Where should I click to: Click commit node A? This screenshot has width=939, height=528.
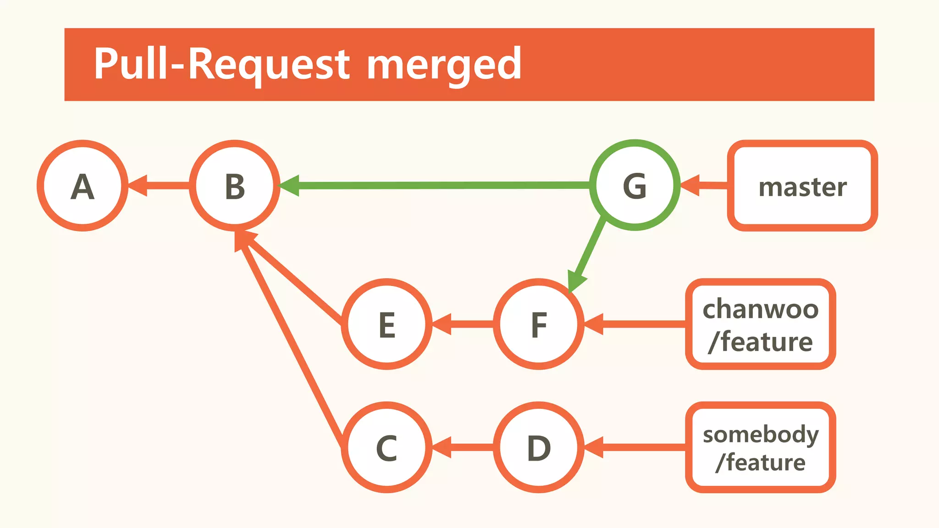pos(83,186)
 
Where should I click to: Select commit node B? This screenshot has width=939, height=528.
pos(235,186)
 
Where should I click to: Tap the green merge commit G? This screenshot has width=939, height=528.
pos(635,185)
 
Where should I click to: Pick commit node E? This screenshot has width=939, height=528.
pos(387,324)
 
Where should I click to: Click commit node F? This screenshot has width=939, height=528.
pos(539,324)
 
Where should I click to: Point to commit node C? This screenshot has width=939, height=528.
pos(387,447)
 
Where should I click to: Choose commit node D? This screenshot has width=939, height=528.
pos(539,447)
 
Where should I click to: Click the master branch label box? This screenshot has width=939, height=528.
pos(802,186)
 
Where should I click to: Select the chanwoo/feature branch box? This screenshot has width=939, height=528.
pos(760,324)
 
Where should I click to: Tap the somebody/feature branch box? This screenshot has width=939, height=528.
pos(760,447)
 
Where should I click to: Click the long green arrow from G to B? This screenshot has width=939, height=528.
pos(436,185)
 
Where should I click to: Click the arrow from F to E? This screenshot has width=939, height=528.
pos(463,324)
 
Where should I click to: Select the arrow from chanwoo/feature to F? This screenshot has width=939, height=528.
pos(637,324)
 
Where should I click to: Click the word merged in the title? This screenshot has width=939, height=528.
pos(444,64)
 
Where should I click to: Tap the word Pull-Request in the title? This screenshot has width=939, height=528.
pos(222,64)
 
